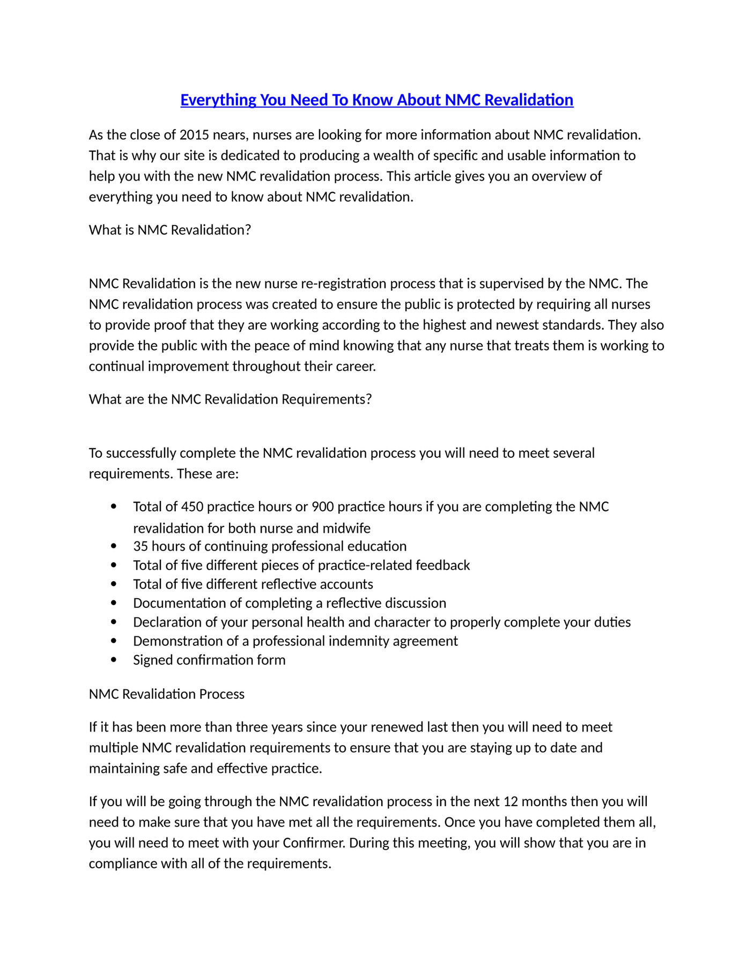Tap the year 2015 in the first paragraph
coord(194,135)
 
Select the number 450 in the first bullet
coord(192,507)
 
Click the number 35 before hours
coord(141,546)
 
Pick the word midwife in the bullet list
coord(346,529)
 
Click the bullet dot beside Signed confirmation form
coord(113,660)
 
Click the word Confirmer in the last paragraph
coord(314,843)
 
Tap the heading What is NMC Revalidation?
coord(170,230)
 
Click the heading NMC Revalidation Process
coord(167,694)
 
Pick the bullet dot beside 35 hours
coord(113,546)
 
